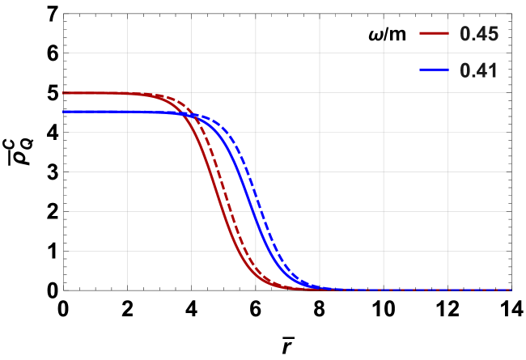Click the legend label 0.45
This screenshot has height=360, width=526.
click(478, 34)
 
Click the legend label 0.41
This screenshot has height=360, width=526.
click(478, 70)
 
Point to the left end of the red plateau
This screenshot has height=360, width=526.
click(64, 93)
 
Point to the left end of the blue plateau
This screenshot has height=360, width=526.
click(64, 111)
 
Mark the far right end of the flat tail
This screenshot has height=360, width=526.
click(511, 289)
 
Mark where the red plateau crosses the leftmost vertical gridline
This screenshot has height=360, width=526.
click(127, 93)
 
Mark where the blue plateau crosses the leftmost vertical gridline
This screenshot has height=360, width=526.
click(127, 111)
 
